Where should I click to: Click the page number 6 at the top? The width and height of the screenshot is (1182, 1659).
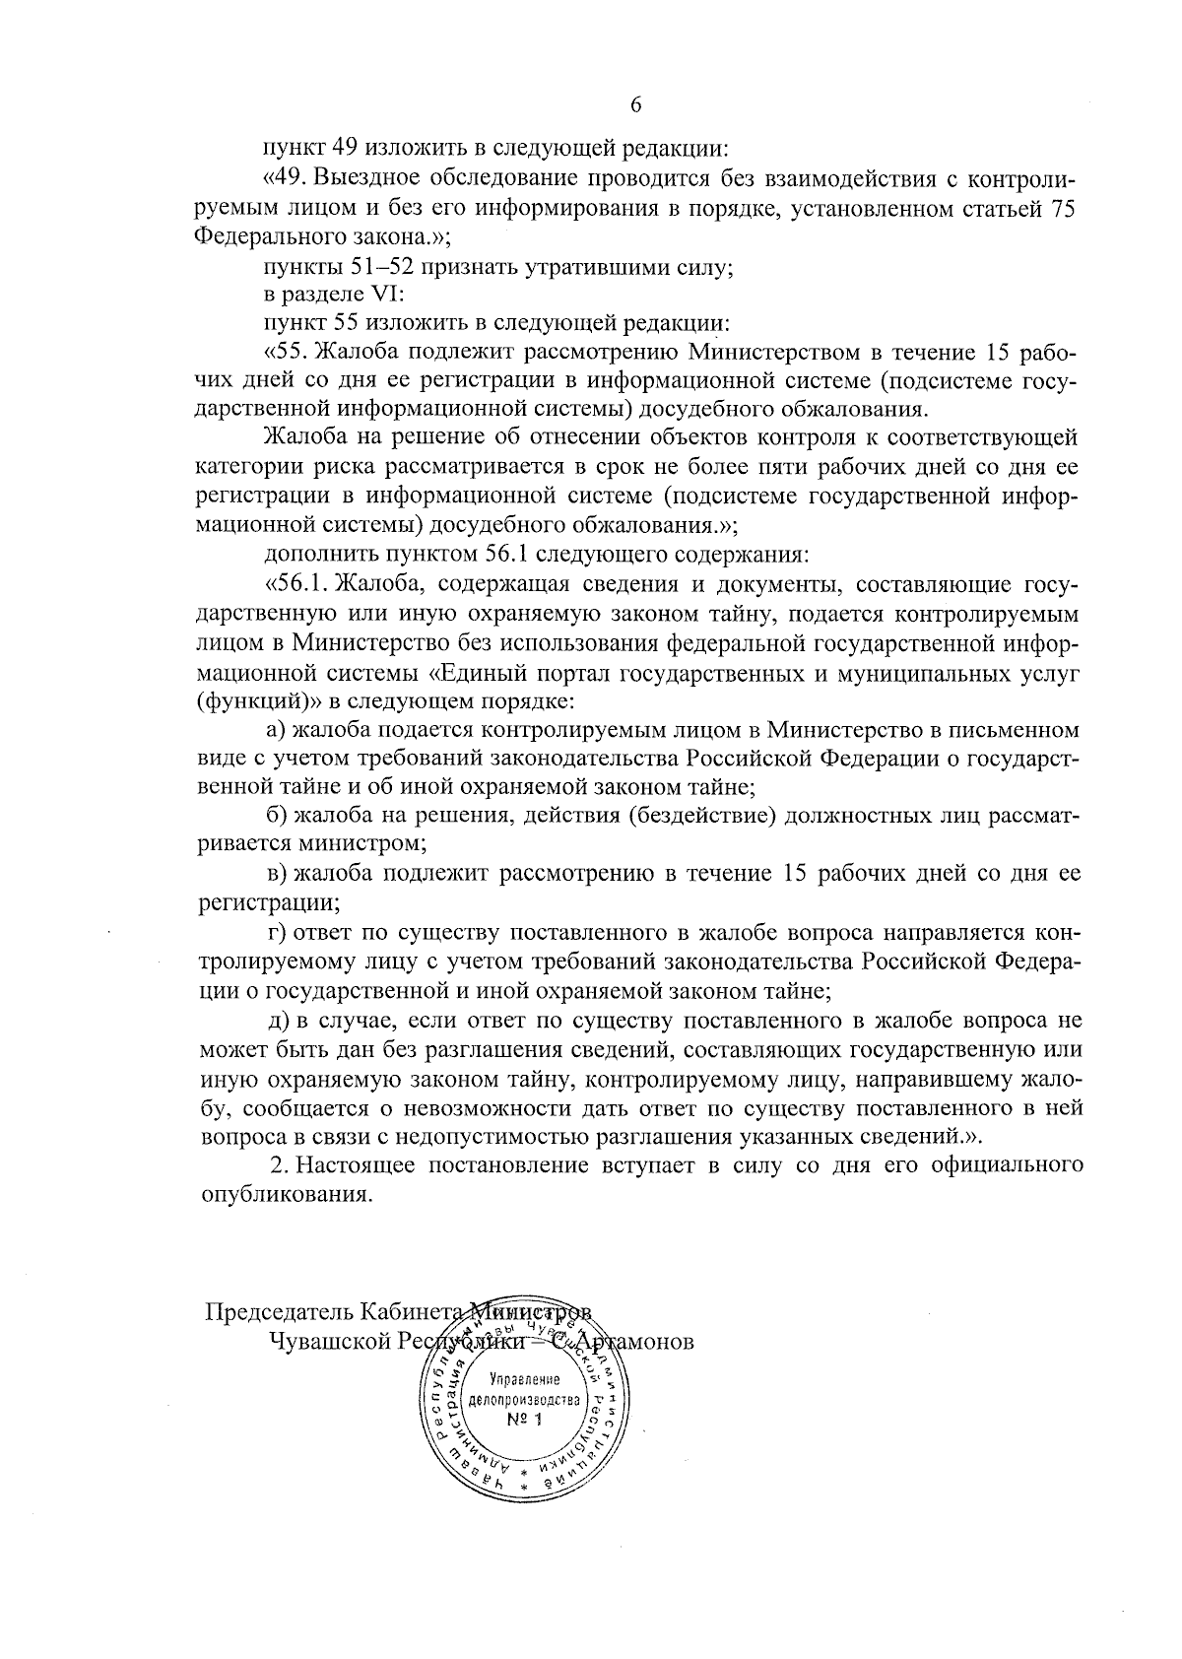point(634,105)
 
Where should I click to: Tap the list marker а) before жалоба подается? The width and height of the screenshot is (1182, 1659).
point(279,731)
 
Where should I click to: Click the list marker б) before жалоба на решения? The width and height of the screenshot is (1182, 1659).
point(278,816)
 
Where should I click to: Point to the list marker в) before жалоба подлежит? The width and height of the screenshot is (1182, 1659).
point(278,873)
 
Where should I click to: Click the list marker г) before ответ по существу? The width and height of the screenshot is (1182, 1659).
point(278,931)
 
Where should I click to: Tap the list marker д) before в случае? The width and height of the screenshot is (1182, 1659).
point(279,1022)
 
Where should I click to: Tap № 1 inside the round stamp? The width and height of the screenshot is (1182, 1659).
point(525,1420)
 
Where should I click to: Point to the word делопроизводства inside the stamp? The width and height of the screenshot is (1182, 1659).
point(527,1399)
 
